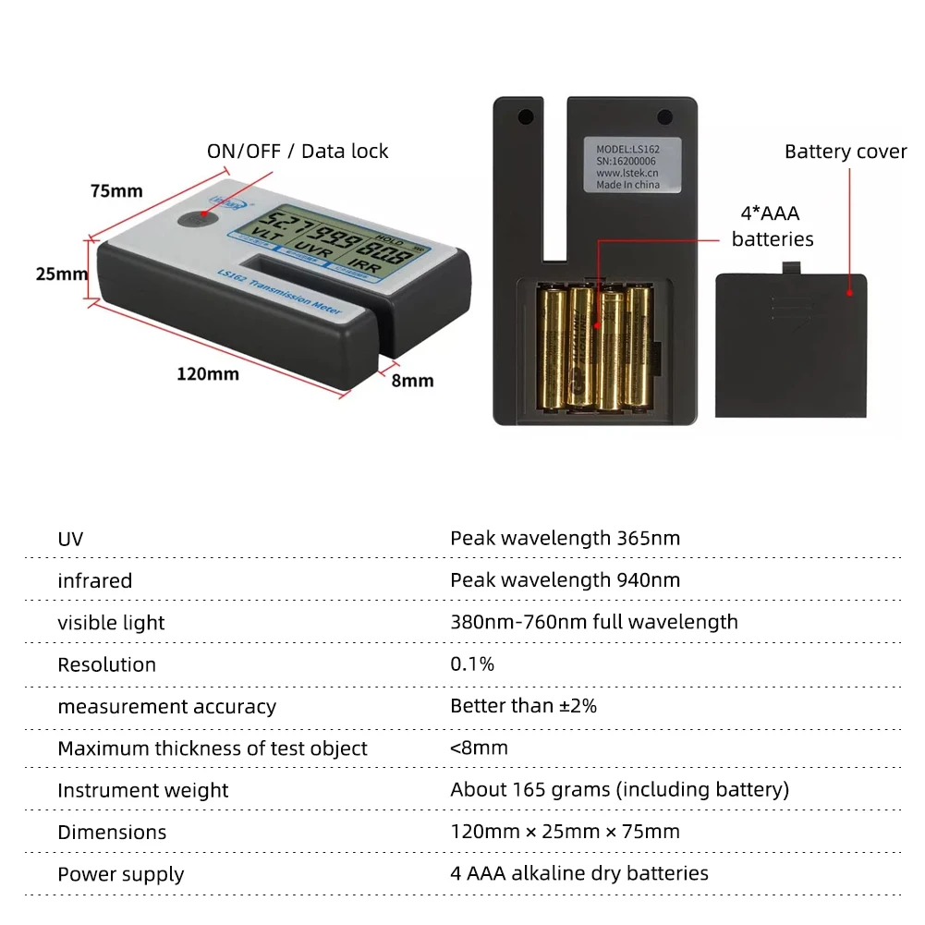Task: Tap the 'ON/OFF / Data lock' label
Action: pyautogui.click(x=298, y=152)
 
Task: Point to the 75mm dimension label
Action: pyautogui.click(x=116, y=191)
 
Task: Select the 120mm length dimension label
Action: pyautogui.click(x=208, y=373)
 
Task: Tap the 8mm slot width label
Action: pyautogui.click(x=412, y=380)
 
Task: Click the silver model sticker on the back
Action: pyautogui.click(x=633, y=165)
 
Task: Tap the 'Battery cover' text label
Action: pyautogui.click(x=846, y=152)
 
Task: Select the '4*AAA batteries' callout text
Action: pyautogui.click(x=773, y=226)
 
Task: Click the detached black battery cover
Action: pyautogui.click(x=791, y=342)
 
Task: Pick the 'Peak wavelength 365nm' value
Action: pyautogui.click(x=565, y=538)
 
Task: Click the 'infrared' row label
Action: pyautogui.click(x=94, y=580)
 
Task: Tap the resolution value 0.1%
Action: pyautogui.click(x=472, y=664)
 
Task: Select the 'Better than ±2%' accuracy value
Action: pyautogui.click(x=523, y=706)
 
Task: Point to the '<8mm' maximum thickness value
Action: pyautogui.click(x=479, y=748)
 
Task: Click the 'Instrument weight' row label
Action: pyautogui.click(x=142, y=790)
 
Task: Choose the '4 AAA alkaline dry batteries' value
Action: pyautogui.click(x=579, y=873)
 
